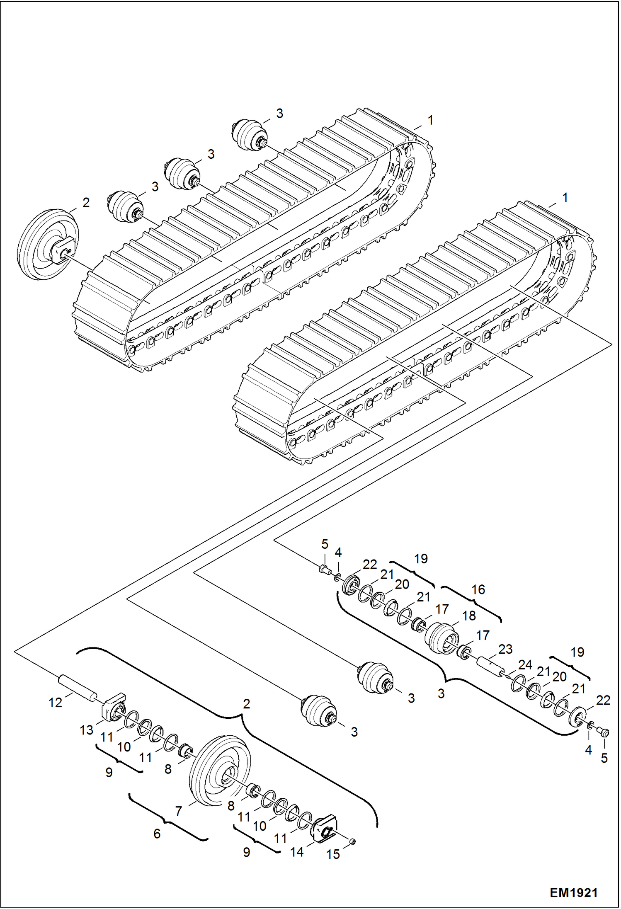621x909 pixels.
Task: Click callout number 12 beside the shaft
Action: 55,702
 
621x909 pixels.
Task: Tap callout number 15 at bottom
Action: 333,854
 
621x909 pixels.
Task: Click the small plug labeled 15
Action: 353,841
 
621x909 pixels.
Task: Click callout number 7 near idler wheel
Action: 179,810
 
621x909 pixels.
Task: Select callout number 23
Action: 505,649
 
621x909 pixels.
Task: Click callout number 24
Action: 525,665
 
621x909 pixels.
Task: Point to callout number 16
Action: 478,589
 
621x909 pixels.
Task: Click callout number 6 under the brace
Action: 157,833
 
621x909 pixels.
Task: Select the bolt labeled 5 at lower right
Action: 604,733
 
